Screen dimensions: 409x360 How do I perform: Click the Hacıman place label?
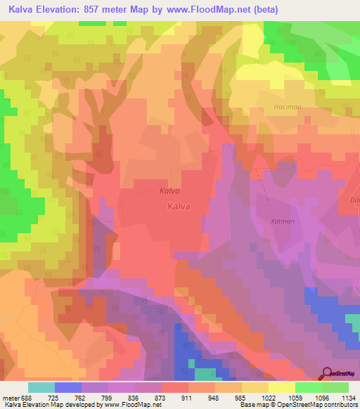click(286, 107)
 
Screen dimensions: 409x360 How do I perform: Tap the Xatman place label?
click(282, 221)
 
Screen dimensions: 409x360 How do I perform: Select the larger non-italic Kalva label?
click(179, 207)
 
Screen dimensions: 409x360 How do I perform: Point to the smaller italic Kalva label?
click(169, 190)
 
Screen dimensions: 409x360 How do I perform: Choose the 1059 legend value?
click(295, 397)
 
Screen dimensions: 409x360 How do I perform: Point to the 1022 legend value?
click(269, 397)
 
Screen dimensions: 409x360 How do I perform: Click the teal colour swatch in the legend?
click(41, 387)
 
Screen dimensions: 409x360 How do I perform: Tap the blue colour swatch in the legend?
click(67, 387)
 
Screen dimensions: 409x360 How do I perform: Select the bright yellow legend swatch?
click(281, 387)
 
